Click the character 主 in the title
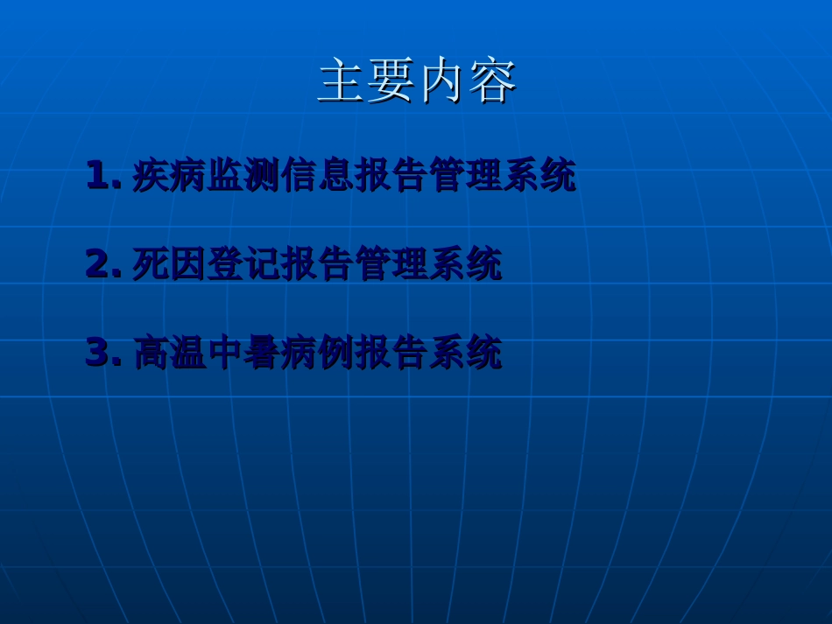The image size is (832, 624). [x=342, y=81]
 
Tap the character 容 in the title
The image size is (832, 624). [x=492, y=81]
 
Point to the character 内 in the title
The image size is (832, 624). [x=442, y=81]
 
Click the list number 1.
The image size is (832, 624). [x=98, y=175]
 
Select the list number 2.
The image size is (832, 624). [x=98, y=263]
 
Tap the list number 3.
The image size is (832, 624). [x=98, y=352]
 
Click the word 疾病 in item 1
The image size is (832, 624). [x=169, y=175]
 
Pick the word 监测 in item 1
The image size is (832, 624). [x=243, y=175]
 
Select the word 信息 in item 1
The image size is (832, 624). [x=318, y=175]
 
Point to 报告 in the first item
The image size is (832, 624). [x=391, y=175]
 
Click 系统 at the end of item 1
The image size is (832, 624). [x=539, y=175]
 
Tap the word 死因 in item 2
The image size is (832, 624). [x=169, y=263]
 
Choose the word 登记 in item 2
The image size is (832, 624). [x=243, y=263]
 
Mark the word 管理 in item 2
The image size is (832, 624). [x=391, y=263]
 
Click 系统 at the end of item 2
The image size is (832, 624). [x=465, y=263]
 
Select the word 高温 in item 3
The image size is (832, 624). [x=169, y=352]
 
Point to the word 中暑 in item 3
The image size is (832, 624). [x=243, y=352]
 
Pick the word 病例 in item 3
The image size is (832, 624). [x=318, y=352]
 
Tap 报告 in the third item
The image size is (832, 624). [x=391, y=352]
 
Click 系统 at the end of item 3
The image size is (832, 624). [x=465, y=352]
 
